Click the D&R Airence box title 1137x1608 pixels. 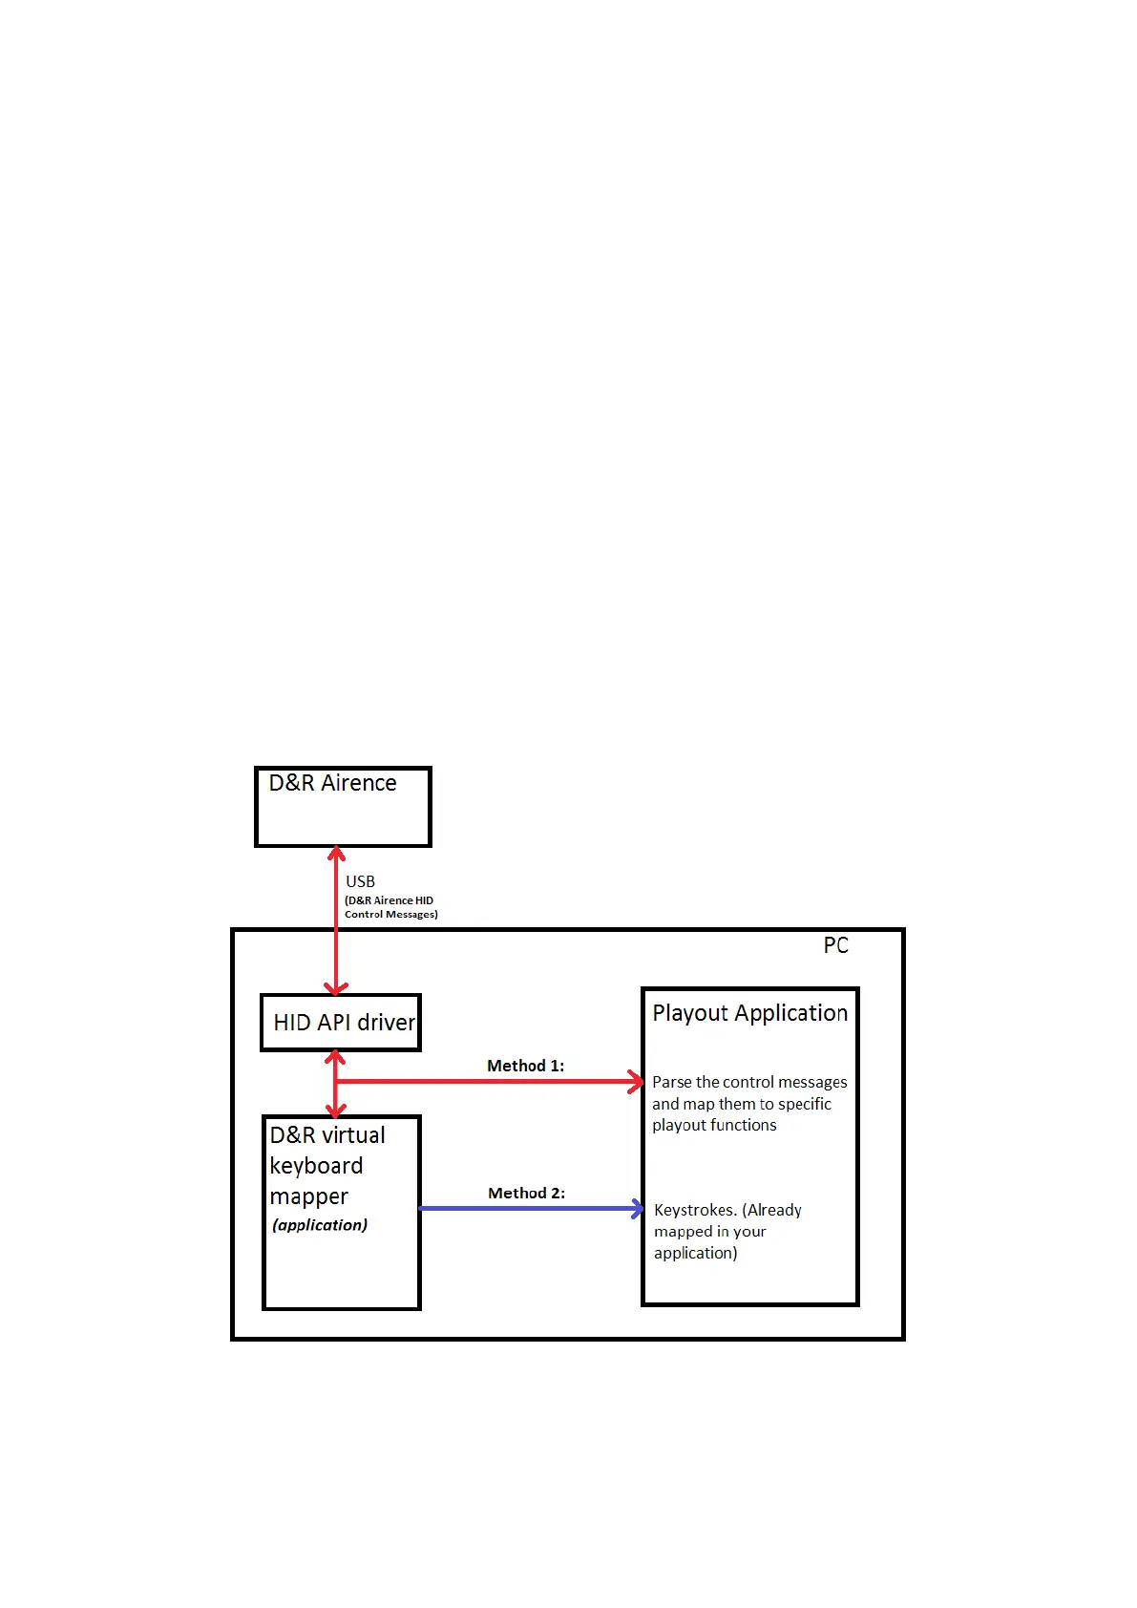tap(332, 783)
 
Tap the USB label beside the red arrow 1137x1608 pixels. tap(360, 881)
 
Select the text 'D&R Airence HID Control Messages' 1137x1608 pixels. tap(390, 907)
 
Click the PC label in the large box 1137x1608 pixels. tap(835, 945)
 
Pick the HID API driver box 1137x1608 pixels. tap(342, 1023)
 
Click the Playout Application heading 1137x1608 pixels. tap(749, 1013)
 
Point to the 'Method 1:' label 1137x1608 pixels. tap(525, 1066)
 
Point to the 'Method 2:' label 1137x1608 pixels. tap(526, 1193)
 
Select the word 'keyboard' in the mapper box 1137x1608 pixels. tap(316, 1166)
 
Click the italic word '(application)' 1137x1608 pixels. tap(320, 1225)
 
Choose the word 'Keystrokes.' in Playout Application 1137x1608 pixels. tap(695, 1210)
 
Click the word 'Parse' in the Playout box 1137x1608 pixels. tap(672, 1082)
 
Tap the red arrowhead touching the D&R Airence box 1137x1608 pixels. tap(336, 853)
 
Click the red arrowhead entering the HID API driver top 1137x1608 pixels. tap(336, 987)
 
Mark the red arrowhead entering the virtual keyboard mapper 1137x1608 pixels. tap(336, 1110)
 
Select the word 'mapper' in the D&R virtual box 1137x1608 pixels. tap(308, 1196)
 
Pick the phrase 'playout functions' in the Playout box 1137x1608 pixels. tap(714, 1125)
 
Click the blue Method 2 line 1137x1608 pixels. tap(525, 1209)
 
